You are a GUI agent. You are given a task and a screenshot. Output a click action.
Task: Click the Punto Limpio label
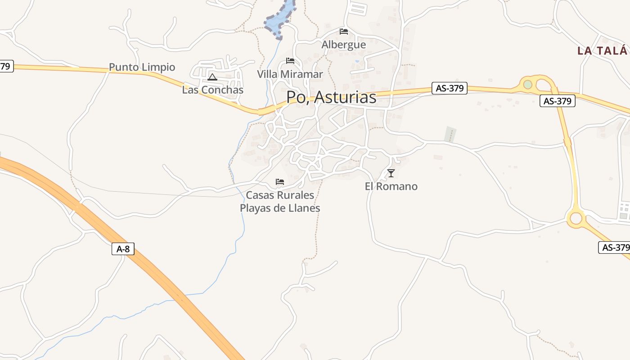[142, 67]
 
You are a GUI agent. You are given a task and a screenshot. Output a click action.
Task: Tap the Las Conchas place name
[212, 90]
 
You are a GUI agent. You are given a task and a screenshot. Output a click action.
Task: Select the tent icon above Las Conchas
[212, 77]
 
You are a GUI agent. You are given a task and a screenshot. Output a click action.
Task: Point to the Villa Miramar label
[290, 74]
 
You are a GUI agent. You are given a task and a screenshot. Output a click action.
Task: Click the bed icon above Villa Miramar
[290, 61]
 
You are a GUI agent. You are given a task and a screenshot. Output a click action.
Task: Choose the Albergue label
[343, 45]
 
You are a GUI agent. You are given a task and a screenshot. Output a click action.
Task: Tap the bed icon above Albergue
[344, 31]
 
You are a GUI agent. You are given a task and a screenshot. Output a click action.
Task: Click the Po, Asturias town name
[331, 98]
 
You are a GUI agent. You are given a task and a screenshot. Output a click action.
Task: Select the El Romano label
[391, 186]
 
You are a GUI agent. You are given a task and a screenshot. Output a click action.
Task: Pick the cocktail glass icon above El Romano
[391, 173]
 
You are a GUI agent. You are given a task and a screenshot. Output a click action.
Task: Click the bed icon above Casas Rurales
[280, 182]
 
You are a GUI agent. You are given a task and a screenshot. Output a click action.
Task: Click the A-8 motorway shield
[123, 249]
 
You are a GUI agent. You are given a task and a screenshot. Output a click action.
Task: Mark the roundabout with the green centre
[528, 84]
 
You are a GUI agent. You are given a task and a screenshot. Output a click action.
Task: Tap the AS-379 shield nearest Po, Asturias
[449, 88]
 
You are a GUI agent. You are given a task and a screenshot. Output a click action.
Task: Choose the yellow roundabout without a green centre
[576, 218]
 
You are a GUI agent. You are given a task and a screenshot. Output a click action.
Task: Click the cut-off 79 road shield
[5, 67]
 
